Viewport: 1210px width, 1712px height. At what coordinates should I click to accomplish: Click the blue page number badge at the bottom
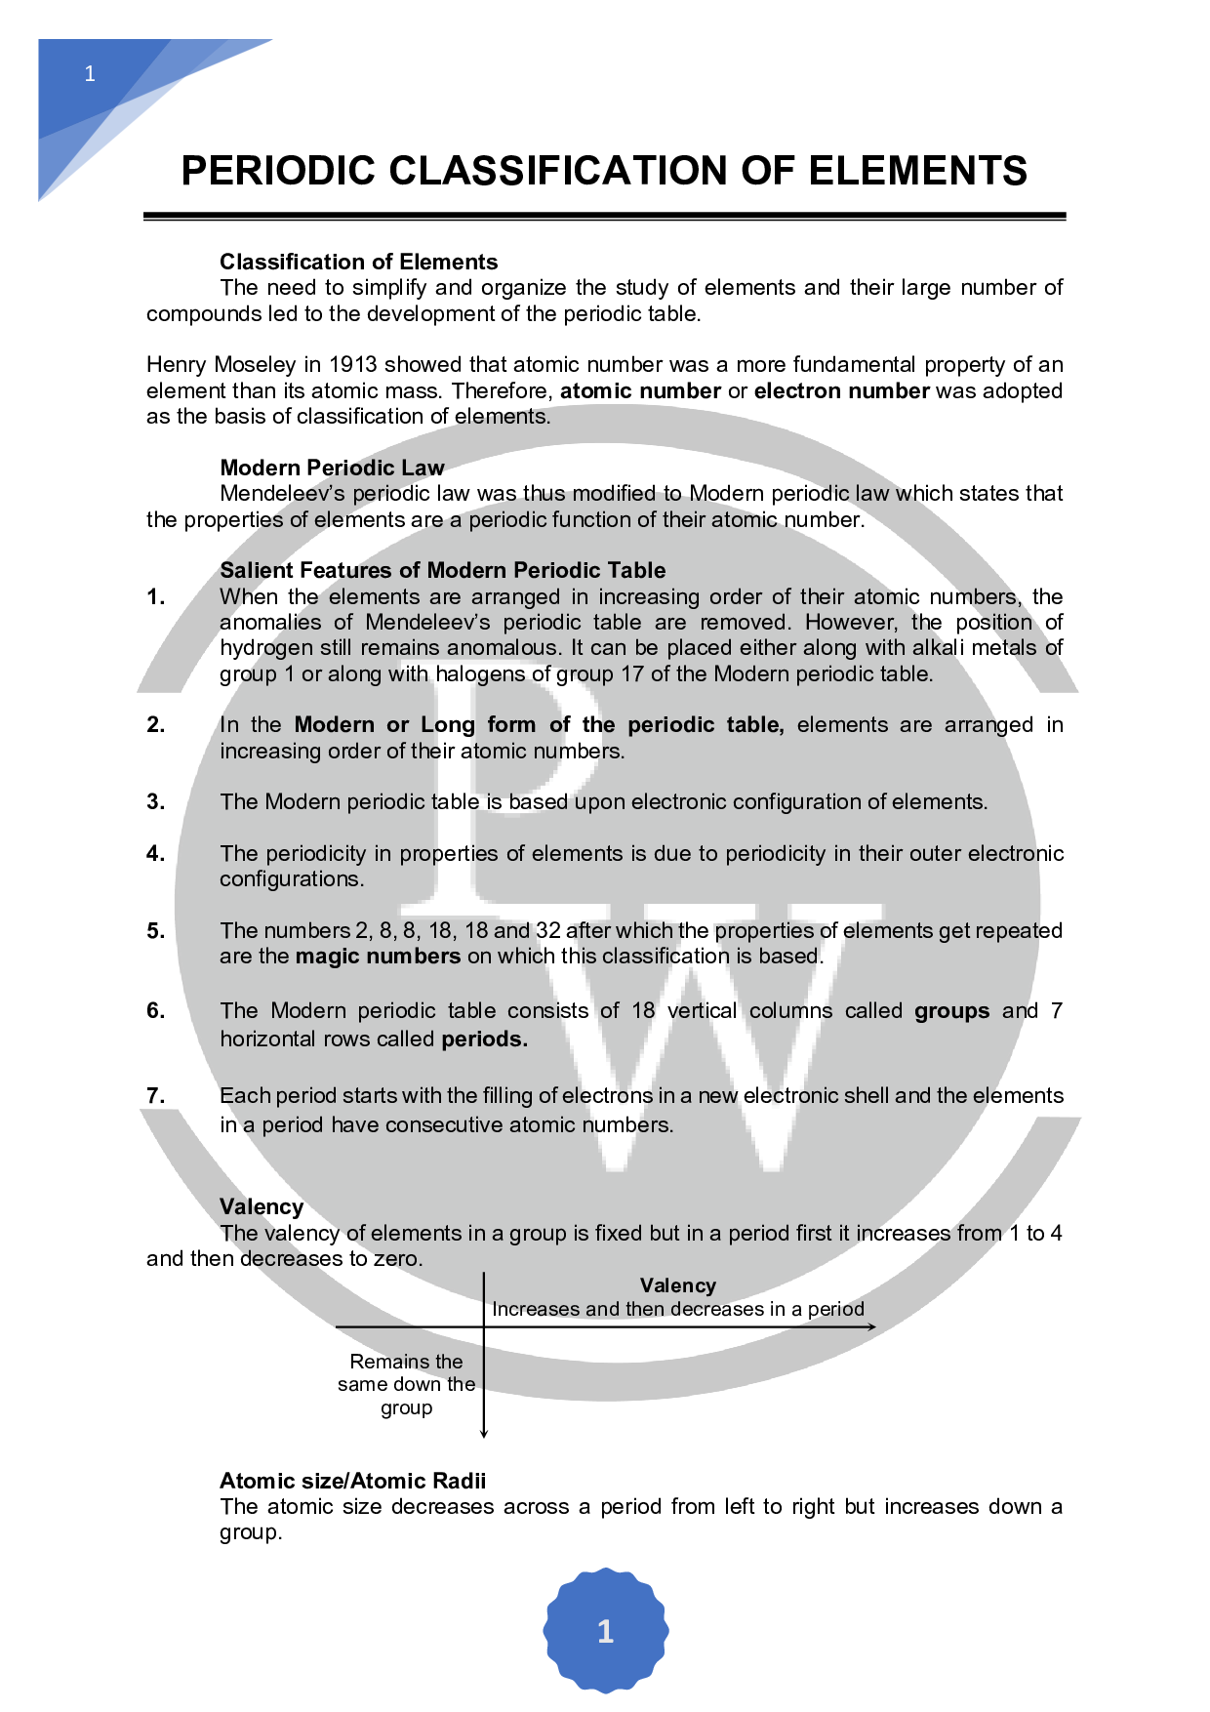pyautogui.click(x=605, y=1630)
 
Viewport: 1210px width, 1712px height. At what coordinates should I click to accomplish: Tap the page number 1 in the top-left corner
pyautogui.click(x=90, y=74)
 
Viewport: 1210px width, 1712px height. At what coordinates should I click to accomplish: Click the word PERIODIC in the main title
pyautogui.click(x=278, y=171)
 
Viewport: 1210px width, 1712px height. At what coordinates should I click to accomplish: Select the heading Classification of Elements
pyautogui.click(x=358, y=262)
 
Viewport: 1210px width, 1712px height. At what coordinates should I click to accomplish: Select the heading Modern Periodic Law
pyautogui.click(x=332, y=468)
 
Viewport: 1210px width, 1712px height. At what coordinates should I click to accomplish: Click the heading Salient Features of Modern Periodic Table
pyautogui.click(x=442, y=570)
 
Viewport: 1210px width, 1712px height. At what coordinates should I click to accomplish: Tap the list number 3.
pyautogui.click(x=155, y=801)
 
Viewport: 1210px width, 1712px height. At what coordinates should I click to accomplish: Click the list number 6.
pyautogui.click(x=155, y=1010)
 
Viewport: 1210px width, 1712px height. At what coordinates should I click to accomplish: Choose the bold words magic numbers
pyautogui.click(x=378, y=956)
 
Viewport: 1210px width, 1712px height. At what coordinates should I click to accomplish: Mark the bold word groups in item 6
pyautogui.click(x=951, y=1010)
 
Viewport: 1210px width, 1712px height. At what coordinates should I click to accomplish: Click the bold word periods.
pyautogui.click(x=484, y=1039)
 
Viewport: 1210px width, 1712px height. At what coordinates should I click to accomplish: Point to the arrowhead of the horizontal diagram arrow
pyautogui.click(x=871, y=1326)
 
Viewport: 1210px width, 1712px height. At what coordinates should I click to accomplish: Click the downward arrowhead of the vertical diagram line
pyautogui.click(x=484, y=1433)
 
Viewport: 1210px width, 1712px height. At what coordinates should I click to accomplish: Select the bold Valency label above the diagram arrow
pyautogui.click(x=677, y=1285)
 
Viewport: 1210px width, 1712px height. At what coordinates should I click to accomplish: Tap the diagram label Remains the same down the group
pyautogui.click(x=406, y=1384)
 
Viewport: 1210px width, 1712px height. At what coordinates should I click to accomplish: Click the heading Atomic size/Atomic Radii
pyautogui.click(x=352, y=1481)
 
